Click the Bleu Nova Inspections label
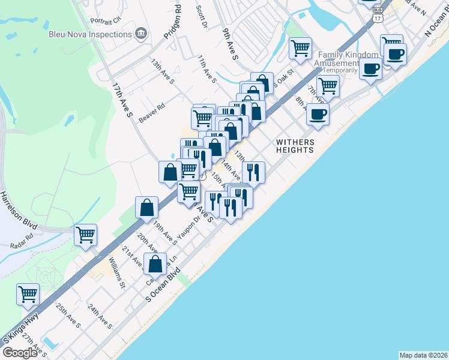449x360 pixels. coord(91,34)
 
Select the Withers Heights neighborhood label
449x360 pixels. coord(295,146)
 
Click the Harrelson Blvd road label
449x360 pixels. coord(19,210)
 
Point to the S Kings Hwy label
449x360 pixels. coord(22,328)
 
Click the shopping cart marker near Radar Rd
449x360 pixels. coord(86,235)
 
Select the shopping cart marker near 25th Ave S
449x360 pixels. coord(28,294)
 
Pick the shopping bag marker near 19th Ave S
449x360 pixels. coord(147,208)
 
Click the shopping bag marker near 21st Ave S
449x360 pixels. coord(155,263)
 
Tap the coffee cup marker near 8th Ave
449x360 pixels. coord(318,113)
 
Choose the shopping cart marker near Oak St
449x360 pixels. coord(300,47)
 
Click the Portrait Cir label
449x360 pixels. coord(106,20)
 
